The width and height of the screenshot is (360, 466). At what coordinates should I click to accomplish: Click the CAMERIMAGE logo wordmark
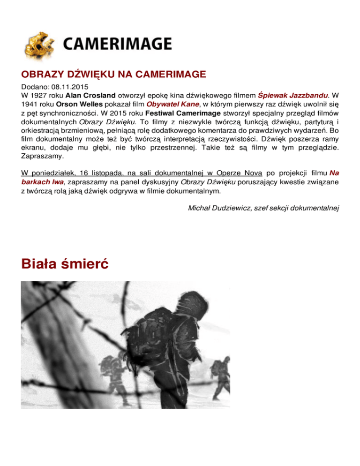[x=117, y=45]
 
